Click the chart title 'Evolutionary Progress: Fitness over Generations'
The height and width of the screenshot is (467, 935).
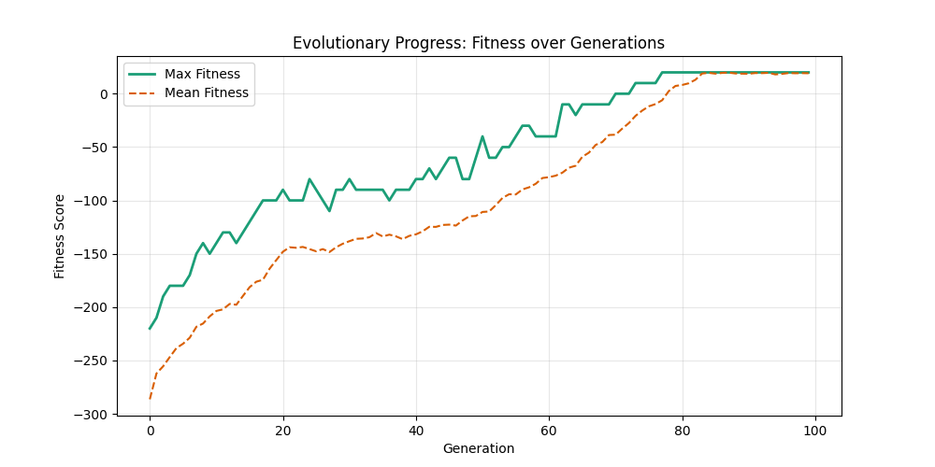[478, 43]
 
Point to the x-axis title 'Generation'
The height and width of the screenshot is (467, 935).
[478, 448]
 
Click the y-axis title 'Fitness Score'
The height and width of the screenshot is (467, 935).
[60, 235]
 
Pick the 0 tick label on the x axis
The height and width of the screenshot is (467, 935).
[150, 430]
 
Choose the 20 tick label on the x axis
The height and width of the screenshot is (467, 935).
[282, 430]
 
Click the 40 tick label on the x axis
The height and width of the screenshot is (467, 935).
[416, 430]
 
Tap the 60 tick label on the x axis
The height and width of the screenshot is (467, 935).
[549, 430]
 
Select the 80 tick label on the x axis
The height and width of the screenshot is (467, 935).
[683, 430]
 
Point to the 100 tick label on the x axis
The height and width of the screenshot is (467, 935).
[815, 430]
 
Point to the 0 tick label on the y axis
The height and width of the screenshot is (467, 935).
[106, 93]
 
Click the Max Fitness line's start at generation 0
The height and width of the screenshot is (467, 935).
[150, 328]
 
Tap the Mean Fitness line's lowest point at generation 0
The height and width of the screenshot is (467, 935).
[150, 399]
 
